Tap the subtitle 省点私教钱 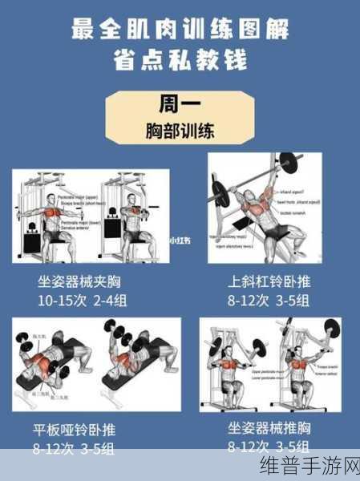(x=180, y=61)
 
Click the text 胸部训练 (x=180, y=130)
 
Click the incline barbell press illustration (x=264, y=208)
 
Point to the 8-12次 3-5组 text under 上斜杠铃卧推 (x=269, y=301)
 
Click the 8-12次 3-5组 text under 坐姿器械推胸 (x=269, y=446)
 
